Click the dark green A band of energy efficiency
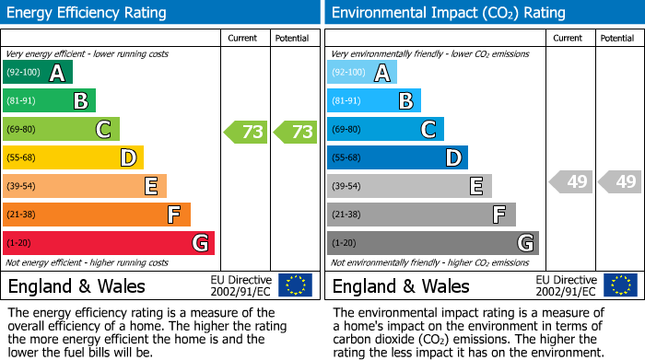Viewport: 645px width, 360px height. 37,73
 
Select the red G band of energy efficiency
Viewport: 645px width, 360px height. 108,243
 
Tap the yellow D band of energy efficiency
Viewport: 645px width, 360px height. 73,158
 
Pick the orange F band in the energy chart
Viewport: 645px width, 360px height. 96,215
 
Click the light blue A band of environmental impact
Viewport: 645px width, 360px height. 361,73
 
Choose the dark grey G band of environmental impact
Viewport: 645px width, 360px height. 432,243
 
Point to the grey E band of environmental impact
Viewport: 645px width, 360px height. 408,187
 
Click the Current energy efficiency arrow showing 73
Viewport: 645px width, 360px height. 247,132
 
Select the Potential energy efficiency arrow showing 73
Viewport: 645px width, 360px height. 296,132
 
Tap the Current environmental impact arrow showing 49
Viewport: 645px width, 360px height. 571,182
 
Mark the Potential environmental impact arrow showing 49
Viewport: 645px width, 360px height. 620,182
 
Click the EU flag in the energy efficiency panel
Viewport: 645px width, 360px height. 295,285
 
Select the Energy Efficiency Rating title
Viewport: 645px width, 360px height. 88,13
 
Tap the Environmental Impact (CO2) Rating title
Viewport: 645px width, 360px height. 448,13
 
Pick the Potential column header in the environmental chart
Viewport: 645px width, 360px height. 616,38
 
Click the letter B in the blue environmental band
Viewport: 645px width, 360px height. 405,101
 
